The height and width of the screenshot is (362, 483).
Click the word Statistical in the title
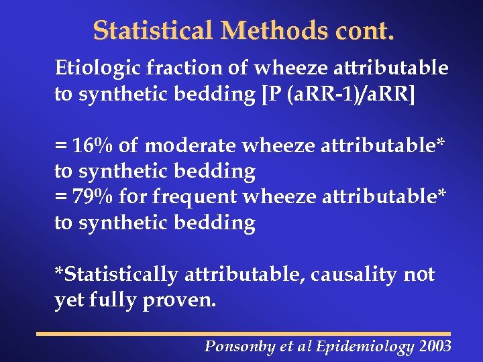[153, 31]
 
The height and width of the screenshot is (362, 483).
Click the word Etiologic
[95, 68]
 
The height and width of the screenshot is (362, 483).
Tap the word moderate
[192, 145]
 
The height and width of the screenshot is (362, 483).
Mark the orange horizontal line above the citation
[244, 333]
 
